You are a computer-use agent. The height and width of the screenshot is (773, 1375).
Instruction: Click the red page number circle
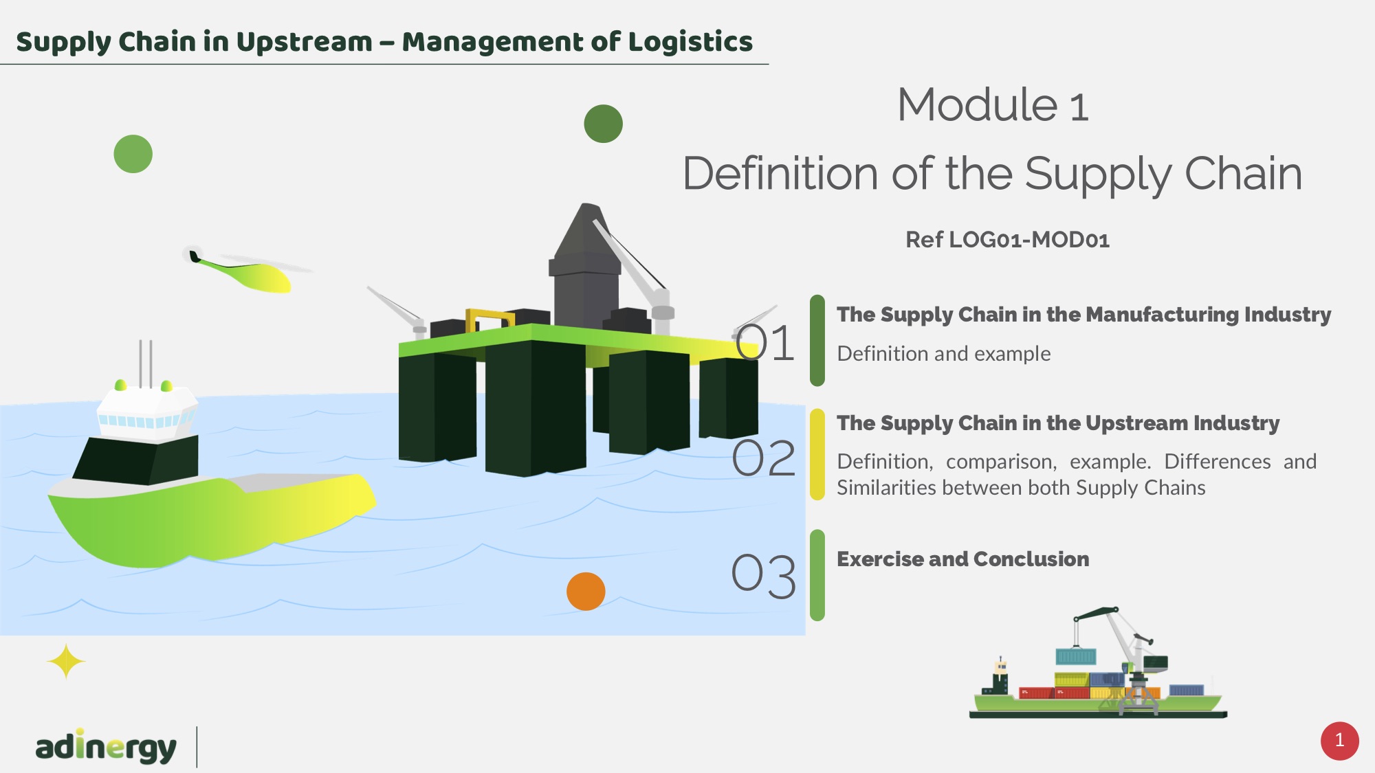tap(1339, 741)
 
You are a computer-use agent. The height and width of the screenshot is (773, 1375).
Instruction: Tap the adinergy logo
tap(106, 747)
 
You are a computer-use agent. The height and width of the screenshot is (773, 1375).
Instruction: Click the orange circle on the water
tap(586, 591)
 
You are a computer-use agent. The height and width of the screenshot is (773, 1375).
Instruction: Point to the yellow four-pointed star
tap(66, 662)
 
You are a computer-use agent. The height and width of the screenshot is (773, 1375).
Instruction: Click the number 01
tap(764, 343)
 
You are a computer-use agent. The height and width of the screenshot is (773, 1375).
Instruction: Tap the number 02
tap(764, 458)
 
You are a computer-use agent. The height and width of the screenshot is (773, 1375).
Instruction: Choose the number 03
tap(764, 575)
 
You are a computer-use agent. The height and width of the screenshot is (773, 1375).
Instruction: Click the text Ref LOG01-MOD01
tap(1007, 240)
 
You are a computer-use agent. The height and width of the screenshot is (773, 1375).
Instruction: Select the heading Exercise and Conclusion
tap(962, 559)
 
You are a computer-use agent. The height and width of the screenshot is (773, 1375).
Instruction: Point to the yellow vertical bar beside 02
tap(817, 454)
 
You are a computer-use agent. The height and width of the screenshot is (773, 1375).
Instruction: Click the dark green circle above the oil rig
tap(603, 124)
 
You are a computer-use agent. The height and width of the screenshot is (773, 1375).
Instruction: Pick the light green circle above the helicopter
tap(133, 154)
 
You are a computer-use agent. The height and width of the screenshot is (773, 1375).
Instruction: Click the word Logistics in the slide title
tap(690, 42)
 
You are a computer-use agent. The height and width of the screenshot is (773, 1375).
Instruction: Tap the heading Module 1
tap(993, 105)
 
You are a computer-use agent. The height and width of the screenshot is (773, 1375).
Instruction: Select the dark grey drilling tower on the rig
tap(584, 268)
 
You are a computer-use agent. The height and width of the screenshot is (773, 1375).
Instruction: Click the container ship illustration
tap(1098, 670)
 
